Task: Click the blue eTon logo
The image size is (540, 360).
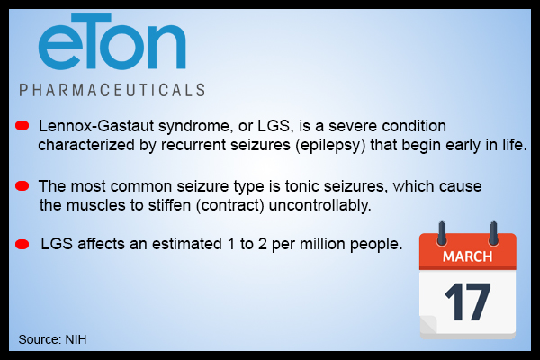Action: coord(112,41)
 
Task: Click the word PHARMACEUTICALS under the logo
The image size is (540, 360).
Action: coord(112,90)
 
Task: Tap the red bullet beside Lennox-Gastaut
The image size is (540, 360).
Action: coord(22,126)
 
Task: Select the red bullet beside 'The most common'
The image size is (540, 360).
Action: coord(22,185)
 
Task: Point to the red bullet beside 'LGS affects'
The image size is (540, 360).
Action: coord(22,244)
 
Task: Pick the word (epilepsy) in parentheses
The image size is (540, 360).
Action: coord(330,145)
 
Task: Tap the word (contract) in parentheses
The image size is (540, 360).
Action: coord(230,206)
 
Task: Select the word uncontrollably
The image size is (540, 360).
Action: coord(319,206)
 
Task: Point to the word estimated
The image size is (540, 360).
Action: coord(187,244)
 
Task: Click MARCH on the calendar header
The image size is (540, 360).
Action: coord(467,256)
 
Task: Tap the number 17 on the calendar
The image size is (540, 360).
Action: coord(467,301)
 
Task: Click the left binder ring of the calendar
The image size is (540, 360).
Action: coord(442,233)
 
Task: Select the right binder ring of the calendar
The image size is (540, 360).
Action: coord(493,233)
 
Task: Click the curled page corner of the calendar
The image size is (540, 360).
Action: coord(428,324)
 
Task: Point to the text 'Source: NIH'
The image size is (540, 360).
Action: coord(52,339)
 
